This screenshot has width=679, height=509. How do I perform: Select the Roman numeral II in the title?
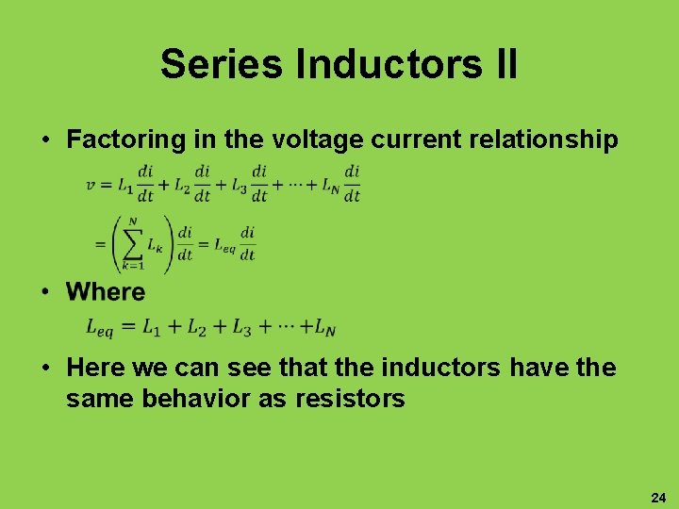501,64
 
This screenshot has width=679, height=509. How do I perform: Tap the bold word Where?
106,292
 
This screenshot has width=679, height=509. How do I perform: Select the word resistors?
350,399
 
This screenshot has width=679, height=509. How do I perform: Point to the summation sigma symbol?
131,244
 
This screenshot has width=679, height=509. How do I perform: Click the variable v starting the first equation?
91,185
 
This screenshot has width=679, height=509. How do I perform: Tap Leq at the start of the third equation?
100,328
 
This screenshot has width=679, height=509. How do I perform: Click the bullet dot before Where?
45,292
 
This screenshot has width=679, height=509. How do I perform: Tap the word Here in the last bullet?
96,368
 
